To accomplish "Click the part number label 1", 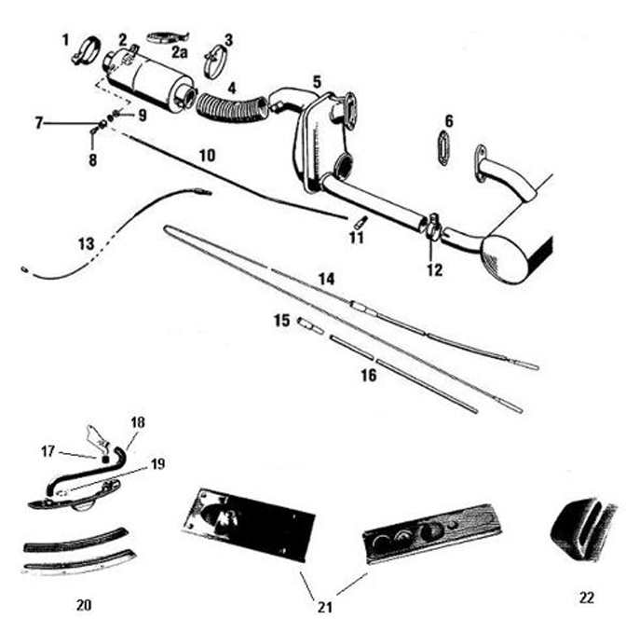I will [x=66, y=39].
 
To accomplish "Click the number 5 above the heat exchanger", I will [x=317, y=82].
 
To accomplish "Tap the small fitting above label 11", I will [x=359, y=222].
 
